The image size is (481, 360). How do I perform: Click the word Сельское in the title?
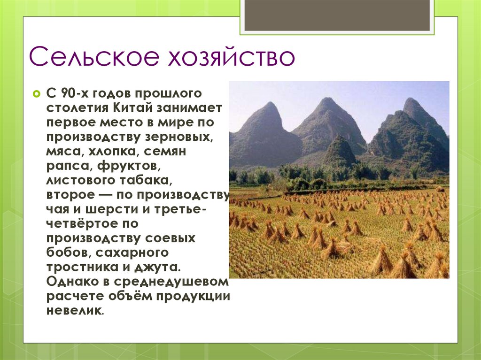coord(92,57)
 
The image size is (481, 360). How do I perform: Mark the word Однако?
coord(69,283)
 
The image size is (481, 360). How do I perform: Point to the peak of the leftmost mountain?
coord(271,104)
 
